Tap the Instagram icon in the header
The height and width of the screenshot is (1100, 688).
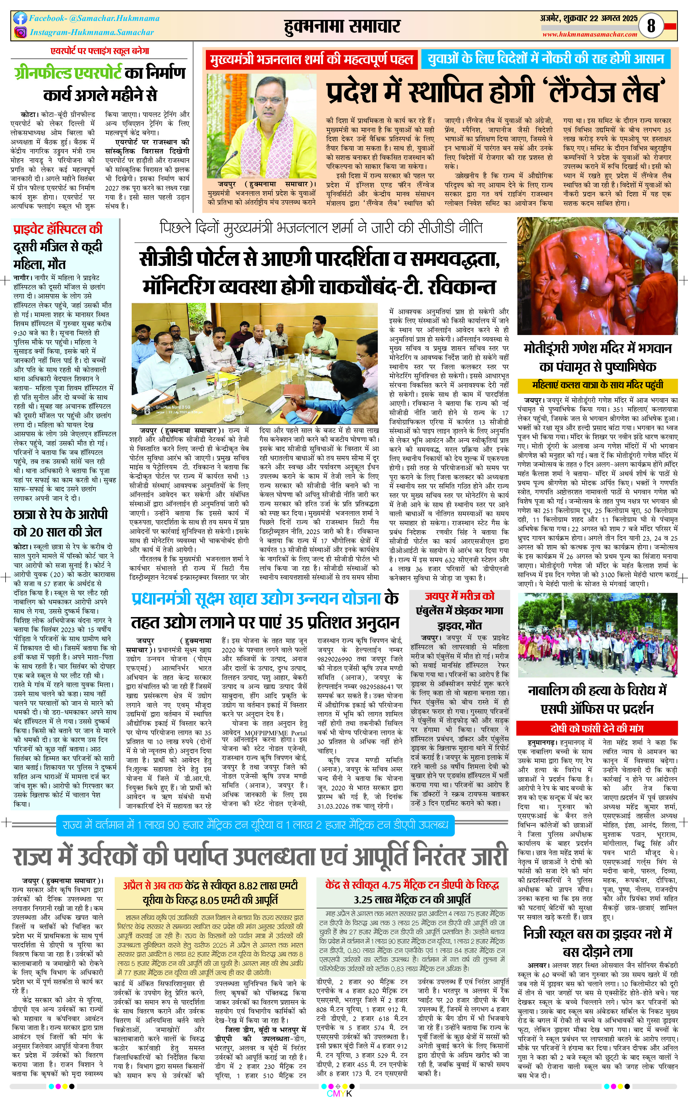click(x=20, y=32)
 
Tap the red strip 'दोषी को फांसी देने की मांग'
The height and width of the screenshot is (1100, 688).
click(x=597, y=728)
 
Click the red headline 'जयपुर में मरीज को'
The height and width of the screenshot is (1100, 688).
click(x=460, y=596)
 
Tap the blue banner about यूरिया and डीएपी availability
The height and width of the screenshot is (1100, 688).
click(x=255, y=825)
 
